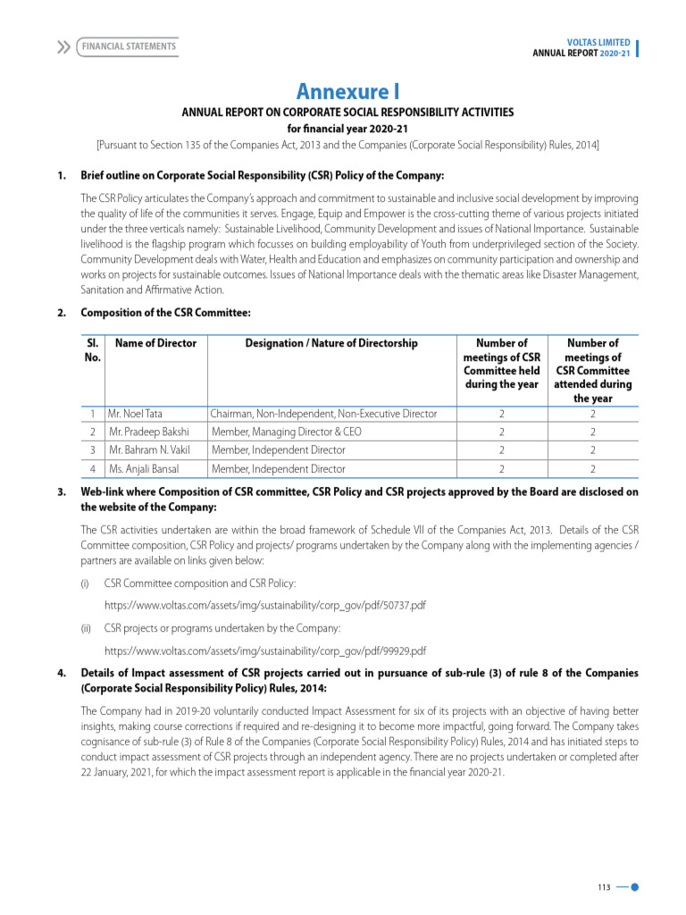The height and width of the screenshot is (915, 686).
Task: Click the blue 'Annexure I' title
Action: pyautogui.click(x=347, y=91)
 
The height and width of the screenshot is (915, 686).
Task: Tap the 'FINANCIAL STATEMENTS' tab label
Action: pyautogui.click(x=129, y=46)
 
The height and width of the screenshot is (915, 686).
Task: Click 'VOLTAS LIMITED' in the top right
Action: pyautogui.click(x=598, y=42)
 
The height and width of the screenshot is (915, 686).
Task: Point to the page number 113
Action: pyautogui.click(x=604, y=887)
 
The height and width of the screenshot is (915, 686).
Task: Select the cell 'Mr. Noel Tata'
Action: pyautogui.click(x=135, y=414)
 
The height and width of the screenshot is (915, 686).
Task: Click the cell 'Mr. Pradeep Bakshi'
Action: pyautogui.click(x=148, y=432)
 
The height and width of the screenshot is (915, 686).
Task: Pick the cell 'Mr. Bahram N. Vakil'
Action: pyautogui.click(x=149, y=450)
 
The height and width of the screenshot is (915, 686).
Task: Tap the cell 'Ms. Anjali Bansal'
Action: pyautogui.click(x=143, y=468)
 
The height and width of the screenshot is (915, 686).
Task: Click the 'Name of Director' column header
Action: pyautogui.click(x=155, y=343)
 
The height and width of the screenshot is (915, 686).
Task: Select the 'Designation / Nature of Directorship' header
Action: pyautogui.click(x=331, y=343)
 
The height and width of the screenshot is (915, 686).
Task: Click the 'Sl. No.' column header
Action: pyautogui.click(x=91, y=349)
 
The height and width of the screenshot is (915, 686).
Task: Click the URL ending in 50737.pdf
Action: pyautogui.click(x=264, y=606)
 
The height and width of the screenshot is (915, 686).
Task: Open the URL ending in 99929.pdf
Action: pyautogui.click(x=264, y=651)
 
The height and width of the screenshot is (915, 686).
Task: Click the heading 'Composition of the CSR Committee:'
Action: pyautogui.click(x=165, y=313)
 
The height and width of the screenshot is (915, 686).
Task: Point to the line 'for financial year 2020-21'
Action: pyautogui.click(x=347, y=129)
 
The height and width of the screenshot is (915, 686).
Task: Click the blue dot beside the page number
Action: pyautogui.click(x=634, y=887)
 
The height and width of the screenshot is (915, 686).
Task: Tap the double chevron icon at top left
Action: pyautogui.click(x=63, y=46)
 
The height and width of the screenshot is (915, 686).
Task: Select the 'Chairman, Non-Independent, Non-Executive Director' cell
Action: pyautogui.click(x=323, y=414)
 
